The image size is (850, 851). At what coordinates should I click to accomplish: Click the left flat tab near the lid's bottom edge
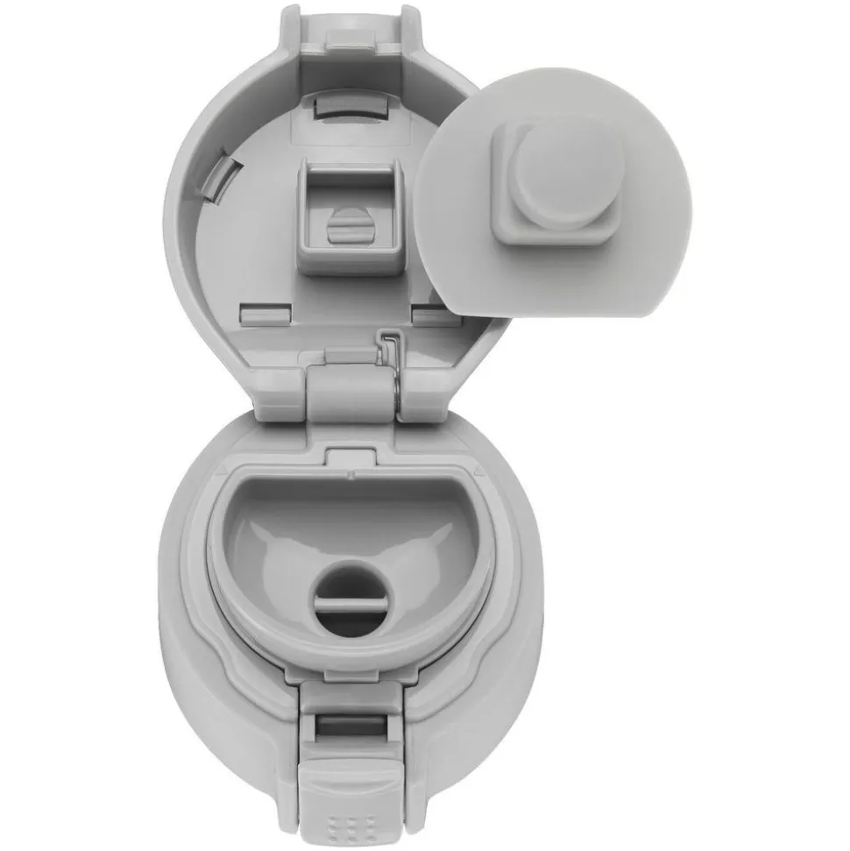265,313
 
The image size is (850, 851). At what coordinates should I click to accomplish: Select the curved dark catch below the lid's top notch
350,105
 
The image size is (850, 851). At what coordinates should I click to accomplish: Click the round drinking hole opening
351,589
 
